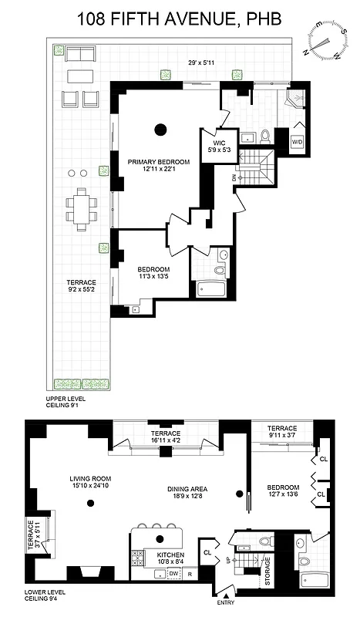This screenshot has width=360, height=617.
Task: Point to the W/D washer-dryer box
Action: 297,143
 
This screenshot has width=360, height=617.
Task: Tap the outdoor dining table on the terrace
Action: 80,207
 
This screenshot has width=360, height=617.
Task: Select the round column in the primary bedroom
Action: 160,129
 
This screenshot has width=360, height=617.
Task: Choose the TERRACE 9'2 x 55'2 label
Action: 81,288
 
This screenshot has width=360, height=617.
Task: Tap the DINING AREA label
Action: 189,491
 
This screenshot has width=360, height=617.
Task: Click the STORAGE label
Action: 267,571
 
